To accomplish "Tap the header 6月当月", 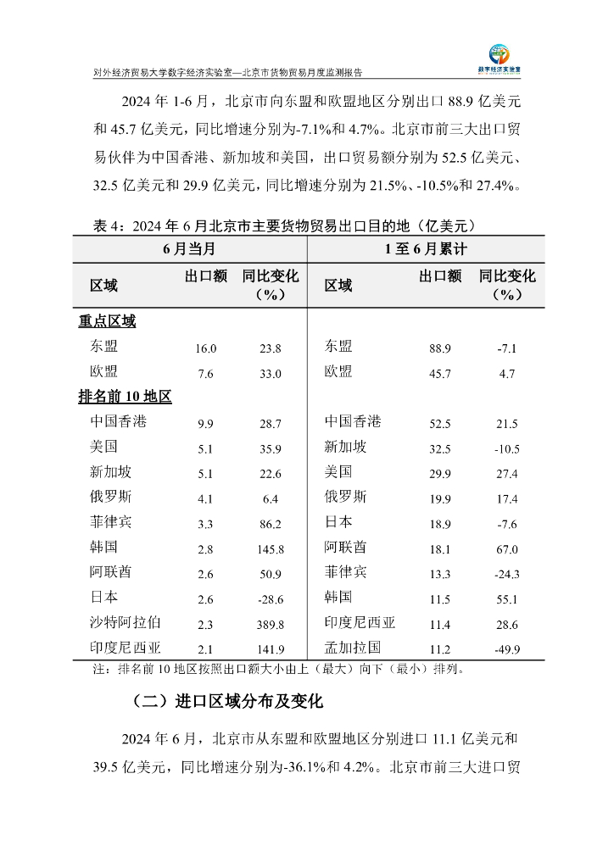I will click(x=188, y=249).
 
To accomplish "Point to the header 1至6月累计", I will click(x=425, y=249).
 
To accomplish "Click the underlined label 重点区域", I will click(x=107, y=321).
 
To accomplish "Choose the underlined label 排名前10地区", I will click(x=125, y=397).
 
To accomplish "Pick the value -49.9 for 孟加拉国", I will click(x=507, y=650).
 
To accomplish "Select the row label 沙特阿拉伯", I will click(x=125, y=622).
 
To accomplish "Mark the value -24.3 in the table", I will click(x=507, y=575).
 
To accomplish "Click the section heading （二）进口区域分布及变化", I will click(x=227, y=702).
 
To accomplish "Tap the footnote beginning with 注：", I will click(x=277, y=669).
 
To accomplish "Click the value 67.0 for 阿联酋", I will click(x=507, y=550).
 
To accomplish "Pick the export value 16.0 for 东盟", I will click(x=206, y=348).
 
